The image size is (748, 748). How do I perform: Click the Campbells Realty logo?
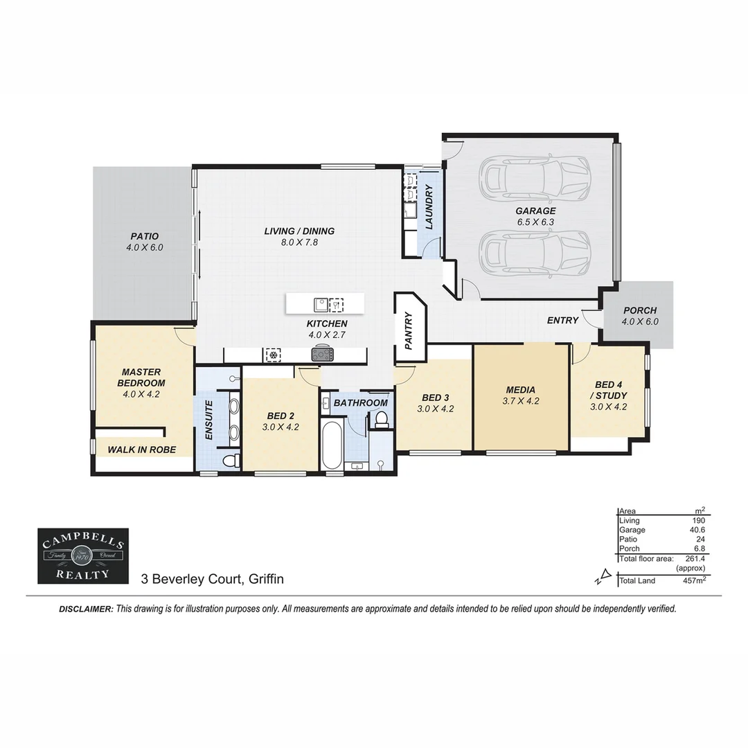[x=82, y=555]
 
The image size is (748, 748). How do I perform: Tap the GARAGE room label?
[x=535, y=211]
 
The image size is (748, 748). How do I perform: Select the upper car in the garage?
[x=536, y=177]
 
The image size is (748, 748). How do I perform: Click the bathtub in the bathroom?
[x=332, y=445]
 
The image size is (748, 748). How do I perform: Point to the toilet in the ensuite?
[x=229, y=460]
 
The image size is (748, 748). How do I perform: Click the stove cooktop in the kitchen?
[x=323, y=354]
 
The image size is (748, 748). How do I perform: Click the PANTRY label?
[x=409, y=331]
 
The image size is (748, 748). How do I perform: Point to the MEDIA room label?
[x=520, y=390]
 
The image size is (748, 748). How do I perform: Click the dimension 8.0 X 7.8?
[x=299, y=242]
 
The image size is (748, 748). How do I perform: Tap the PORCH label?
[x=639, y=311]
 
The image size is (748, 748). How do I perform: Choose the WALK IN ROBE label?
[x=141, y=449]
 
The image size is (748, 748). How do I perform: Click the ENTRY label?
[x=562, y=320]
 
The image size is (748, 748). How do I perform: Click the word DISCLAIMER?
[x=85, y=609]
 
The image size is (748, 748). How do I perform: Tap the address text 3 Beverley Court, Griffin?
[x=213, y=578]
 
